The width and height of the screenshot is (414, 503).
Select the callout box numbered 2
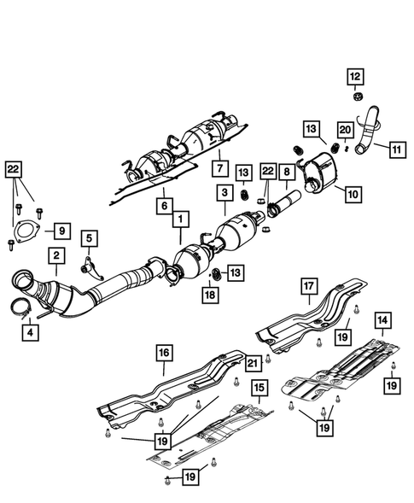click(x=55, y=254)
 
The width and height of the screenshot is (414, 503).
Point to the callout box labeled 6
click(x=161, y=206)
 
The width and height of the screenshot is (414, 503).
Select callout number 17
click(x=306, y=287)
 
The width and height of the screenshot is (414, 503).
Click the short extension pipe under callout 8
click(x=286, y=205)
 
